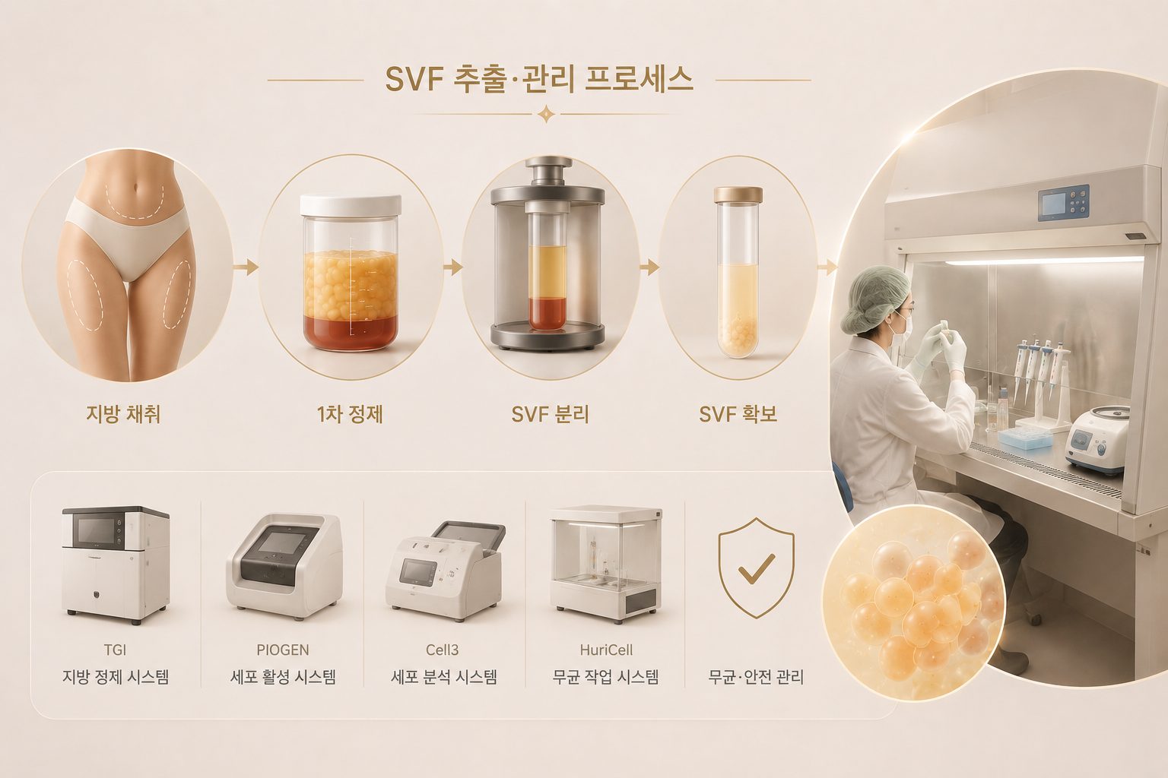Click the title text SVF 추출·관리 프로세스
[x=539, y=81]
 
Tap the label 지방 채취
[x=123, y=414]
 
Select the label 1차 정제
[x=350, y=414]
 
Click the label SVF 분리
[x=550, y=414]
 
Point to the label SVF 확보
[x=738, y=414]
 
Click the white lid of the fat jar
[x=351, y=206]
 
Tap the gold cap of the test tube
[x=738, y=195]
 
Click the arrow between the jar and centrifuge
[x=452, y=267]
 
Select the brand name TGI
[x=116, y=650]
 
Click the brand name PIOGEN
[x=283, y=650]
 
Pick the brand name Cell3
[x=442, y=650]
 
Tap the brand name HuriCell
[x=606, y=650]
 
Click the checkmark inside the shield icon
[x=757, y=568]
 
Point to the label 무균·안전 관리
[x=756, y=677]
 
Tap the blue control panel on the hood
[x=1063, y=203]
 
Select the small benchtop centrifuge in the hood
[x=1096, y=441]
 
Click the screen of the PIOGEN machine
[x=281, y=543]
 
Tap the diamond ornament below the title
[x=546, y=114]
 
